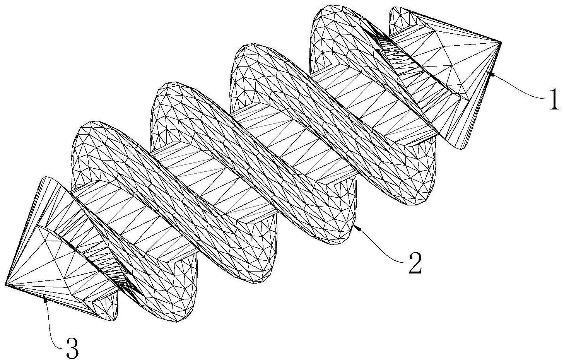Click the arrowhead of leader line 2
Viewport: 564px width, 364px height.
click(x=358, y=229)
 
